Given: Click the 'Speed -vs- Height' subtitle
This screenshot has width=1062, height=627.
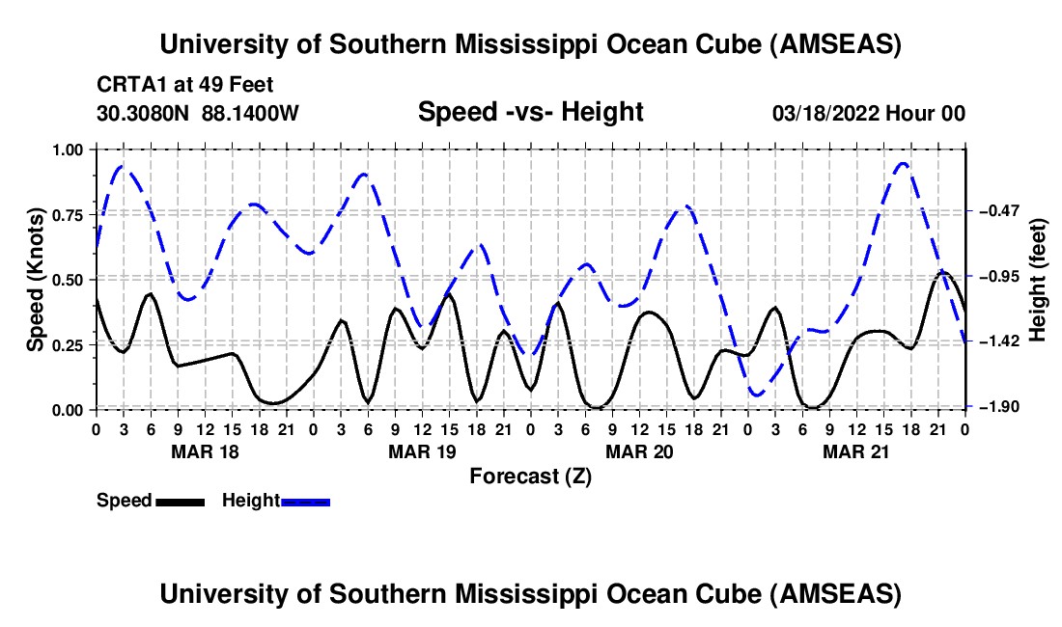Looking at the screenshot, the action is point(530,112).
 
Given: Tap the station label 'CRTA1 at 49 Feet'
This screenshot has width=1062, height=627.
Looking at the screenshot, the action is point(185,85).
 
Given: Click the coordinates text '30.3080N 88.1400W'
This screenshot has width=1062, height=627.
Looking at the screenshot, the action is point(198,113).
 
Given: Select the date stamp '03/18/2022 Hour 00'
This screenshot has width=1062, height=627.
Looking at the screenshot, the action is point(868,113).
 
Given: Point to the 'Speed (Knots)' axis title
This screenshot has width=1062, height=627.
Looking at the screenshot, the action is point(36,280).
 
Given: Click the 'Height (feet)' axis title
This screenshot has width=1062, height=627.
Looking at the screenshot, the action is point(1038,280).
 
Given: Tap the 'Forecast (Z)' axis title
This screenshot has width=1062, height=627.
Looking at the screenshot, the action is point(530,477).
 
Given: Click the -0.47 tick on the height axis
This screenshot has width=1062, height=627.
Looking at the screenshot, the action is point(999,211).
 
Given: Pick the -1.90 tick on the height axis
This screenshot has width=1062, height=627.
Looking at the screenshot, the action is point(999,406).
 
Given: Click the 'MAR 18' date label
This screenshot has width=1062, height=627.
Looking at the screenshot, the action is point(206,451).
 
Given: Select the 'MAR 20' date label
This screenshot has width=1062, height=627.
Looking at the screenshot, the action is point(639,451).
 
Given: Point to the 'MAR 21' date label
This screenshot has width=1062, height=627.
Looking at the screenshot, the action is point(855,451).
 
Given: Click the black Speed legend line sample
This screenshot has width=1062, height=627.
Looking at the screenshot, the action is point(181,502).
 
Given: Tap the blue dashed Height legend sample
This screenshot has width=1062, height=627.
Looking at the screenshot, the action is point(305,502).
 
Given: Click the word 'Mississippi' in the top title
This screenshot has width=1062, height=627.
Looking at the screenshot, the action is point(525,44).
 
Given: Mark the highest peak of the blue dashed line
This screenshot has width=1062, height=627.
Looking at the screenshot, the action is point(903,163).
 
